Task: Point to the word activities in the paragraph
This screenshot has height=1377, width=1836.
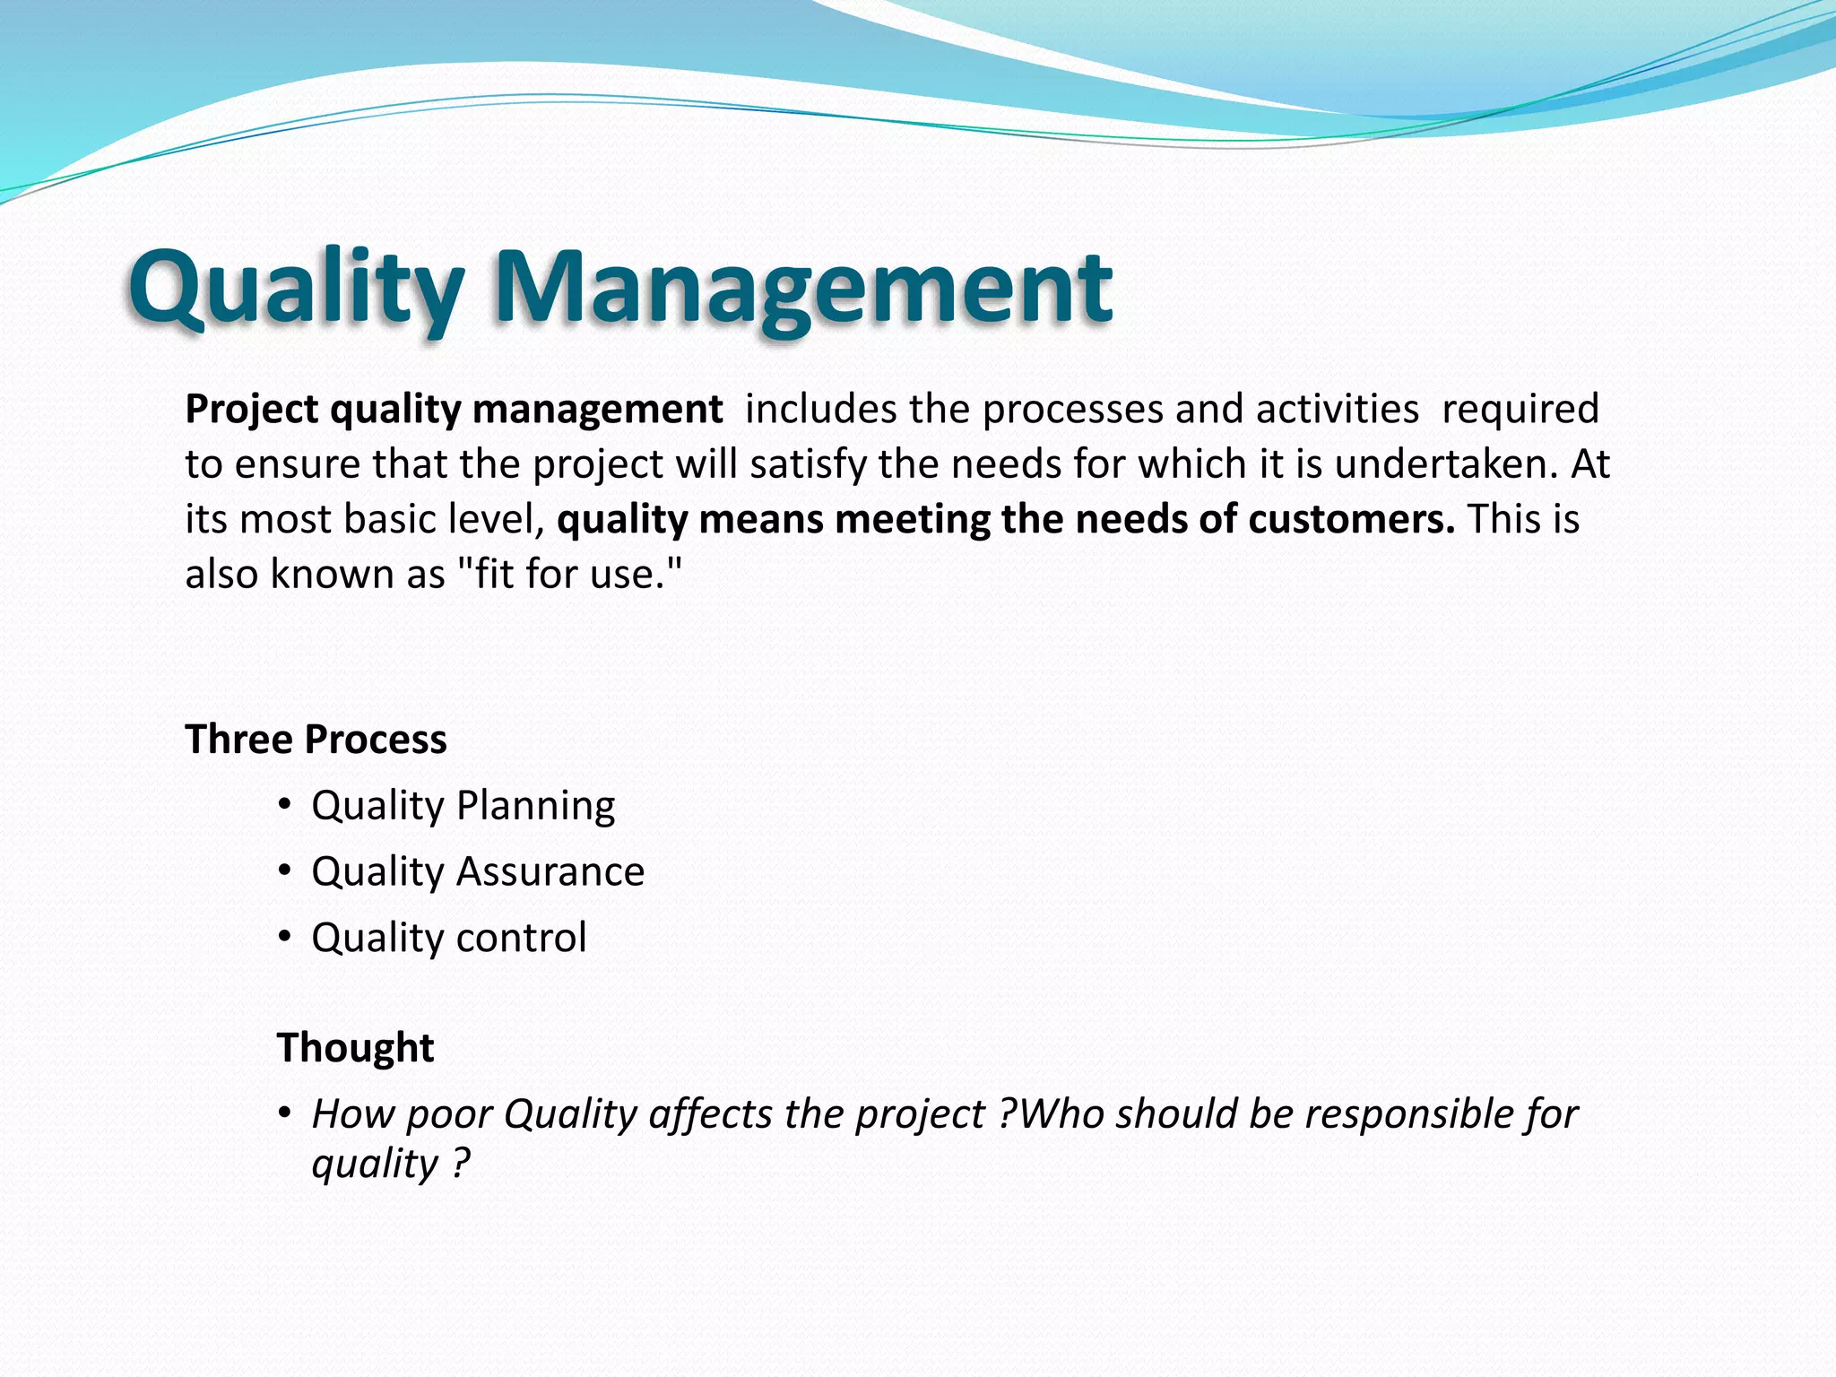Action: pos(1337,410)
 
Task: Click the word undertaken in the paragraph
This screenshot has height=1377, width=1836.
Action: pos(1446,464)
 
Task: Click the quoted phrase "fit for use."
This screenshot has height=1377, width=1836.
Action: pos(570,575)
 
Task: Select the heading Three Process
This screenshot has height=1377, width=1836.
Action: pos(316,740)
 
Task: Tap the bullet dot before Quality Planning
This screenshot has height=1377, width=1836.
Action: pos(284,804)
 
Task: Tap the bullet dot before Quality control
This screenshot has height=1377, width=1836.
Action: pos(284,937)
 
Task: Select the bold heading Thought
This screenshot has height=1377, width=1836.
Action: pos(355,1047)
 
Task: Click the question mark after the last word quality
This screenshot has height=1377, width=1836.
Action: pos(460,1164)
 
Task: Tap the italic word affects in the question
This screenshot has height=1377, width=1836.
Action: pos(711,1114)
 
